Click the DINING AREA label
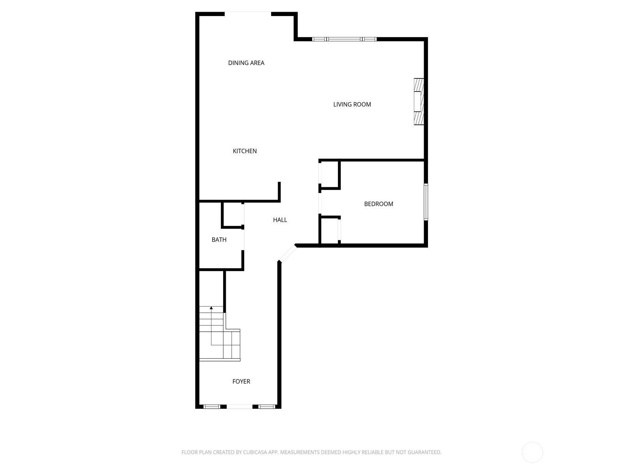click(x=246, y=63)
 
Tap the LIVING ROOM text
click(x=352, y=104)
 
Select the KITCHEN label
click(x=245, y=151)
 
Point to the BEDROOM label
click(x=378, y=204)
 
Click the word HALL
click(x=280, y=220)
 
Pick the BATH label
click(x=219, y=239)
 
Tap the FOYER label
click(x=241, y=381)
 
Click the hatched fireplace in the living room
click(x=419, y=101)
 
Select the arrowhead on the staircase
click(x=211, y=308)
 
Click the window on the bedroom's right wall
click(x=426, y=202)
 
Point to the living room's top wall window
click(x=344, y=39)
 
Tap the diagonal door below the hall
click(x=287, y=253)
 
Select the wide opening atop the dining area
click(x=248, y=14)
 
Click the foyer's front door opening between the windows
click(x=239, y=407)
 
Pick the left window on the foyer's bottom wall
click(x=212, y=407)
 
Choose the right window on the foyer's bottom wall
click(x=267, y=407)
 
